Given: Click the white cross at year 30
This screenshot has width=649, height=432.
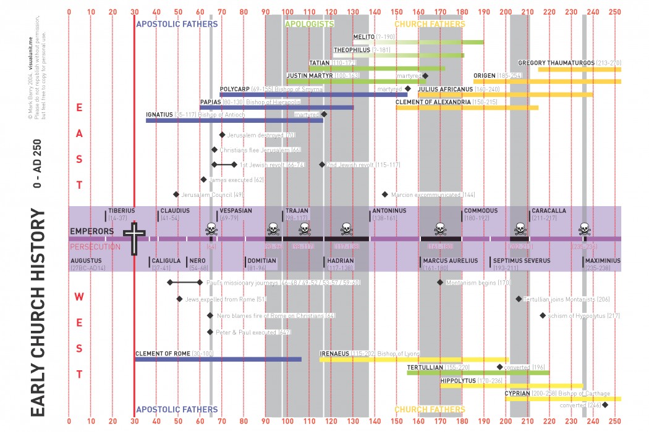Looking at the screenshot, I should coord(134,238).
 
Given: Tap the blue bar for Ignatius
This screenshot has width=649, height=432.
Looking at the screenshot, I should coord(234,120).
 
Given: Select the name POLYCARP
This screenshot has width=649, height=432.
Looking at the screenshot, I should coord(234,89).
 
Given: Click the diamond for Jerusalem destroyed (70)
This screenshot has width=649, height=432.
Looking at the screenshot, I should coord(222,135).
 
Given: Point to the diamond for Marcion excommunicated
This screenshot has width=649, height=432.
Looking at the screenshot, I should coord(385,194).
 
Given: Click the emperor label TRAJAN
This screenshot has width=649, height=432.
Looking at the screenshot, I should coord(297,210).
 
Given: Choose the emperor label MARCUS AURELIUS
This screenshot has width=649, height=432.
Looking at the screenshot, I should coord(451,260).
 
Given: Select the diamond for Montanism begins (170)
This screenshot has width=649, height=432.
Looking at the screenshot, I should coord(440,282).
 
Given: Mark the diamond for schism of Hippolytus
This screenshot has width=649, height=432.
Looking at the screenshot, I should coord(543,315).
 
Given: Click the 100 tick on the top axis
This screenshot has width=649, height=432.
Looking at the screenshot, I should coord(287,11).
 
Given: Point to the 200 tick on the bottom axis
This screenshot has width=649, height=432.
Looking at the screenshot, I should coord(506,422).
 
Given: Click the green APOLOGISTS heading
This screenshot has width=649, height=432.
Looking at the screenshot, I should coord(310,24).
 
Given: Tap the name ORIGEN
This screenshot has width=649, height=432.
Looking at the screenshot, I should coord(484,75).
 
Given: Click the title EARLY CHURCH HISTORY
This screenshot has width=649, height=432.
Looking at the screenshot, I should coord(38,315).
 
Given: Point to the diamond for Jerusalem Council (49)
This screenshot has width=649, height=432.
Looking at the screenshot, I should coord(176,194).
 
